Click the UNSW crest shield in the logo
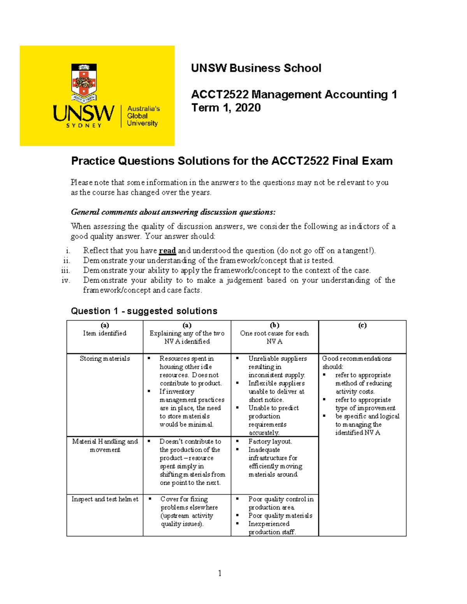pyautogui.click(x=84, y=81)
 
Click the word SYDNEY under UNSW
pyautogui.click(x=84, y=126)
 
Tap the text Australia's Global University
pyautogui.click(x=143, y=116)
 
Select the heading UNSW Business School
pyautogui.click(x=256, y=68)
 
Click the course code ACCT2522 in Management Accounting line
pyautogui.click(x=219, y=95)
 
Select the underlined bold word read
pyautogui.click(x=167, y=251)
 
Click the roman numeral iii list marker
pyautogui.click(x=66, y=270)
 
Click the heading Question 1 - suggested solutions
pyautogui.click(x=144, y=311)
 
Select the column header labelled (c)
pyautogui.click(x=362, y=326)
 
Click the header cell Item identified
pyautogui.click(x=105, y=333)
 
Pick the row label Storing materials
pyautogui.click(x=105, y=359)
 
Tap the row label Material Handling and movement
pyautogui.click(x=105, y=445)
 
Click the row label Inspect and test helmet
pyautogui.click(x=105, y=499)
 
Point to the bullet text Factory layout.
pyautogui.click(x=270, y=441)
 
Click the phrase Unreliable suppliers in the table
pyautogui.click(x=277, y=359)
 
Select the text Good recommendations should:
pyautogui.click(x=356, y=362)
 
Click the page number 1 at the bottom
pyautogui.click(x=220, y=573)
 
